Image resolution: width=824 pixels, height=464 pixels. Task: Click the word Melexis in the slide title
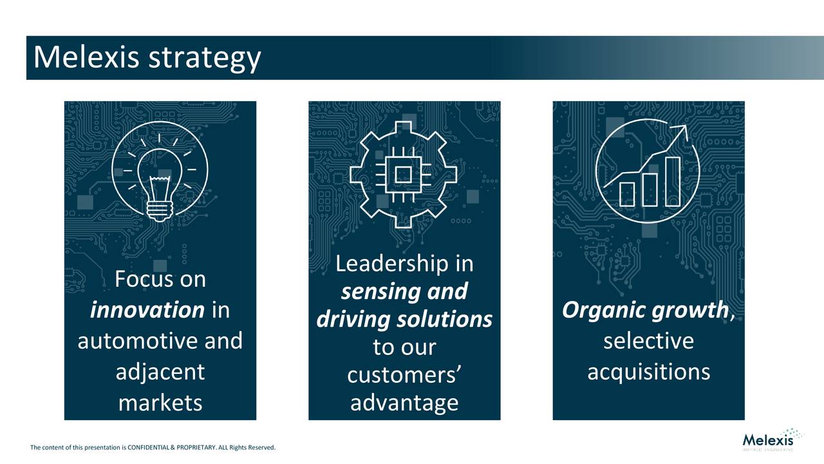coord(87,57)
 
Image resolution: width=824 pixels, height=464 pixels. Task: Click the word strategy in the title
coord(205,59)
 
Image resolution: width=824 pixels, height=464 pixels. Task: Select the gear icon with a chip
coord(404,174)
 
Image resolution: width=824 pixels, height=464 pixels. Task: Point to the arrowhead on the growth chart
coord(682,131)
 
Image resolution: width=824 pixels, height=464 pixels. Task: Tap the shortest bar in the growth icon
coord(626,193)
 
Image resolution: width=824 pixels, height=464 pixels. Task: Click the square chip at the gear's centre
coord(404,174)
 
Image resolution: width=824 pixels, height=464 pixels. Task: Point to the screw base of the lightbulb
coord(160,210)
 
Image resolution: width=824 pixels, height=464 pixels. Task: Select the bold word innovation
coord(147,310)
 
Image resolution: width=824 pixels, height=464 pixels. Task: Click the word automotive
coord(138,340)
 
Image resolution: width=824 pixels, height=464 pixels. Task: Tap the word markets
coord(160,403)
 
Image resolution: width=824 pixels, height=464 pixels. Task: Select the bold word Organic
coord(603,311)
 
